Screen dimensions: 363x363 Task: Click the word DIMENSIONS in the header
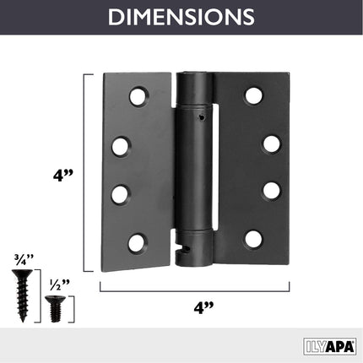click(181, 17)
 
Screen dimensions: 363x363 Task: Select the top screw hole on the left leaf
click(138, 96)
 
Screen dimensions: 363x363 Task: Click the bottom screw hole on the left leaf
click(136, 243)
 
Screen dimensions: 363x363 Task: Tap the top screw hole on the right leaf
click(253, 95)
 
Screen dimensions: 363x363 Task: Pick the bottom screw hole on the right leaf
click(253, 239)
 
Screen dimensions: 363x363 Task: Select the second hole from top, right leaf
click(271, 144)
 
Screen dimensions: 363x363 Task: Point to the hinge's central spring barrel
click(196, 169)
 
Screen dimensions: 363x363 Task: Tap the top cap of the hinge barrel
click(194, 80)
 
